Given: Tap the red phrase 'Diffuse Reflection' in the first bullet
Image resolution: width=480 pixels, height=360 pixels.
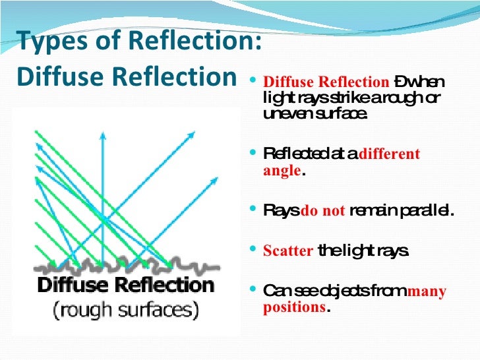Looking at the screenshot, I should click(326, 83).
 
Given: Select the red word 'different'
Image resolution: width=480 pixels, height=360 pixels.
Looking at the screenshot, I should click(389, 154).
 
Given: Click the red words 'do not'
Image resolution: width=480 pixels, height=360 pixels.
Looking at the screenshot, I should click(323, 212).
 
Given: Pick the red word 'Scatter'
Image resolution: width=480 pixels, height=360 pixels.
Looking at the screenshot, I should click(287, 251).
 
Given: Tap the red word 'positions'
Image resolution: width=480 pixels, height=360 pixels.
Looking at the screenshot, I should click(294, 307).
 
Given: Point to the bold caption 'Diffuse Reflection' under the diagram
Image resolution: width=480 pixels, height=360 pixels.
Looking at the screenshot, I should click(125, 285).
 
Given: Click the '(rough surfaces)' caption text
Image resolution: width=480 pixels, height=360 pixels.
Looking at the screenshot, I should click(125, 308).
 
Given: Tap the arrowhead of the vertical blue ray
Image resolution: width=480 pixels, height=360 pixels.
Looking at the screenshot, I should click(102, 135).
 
